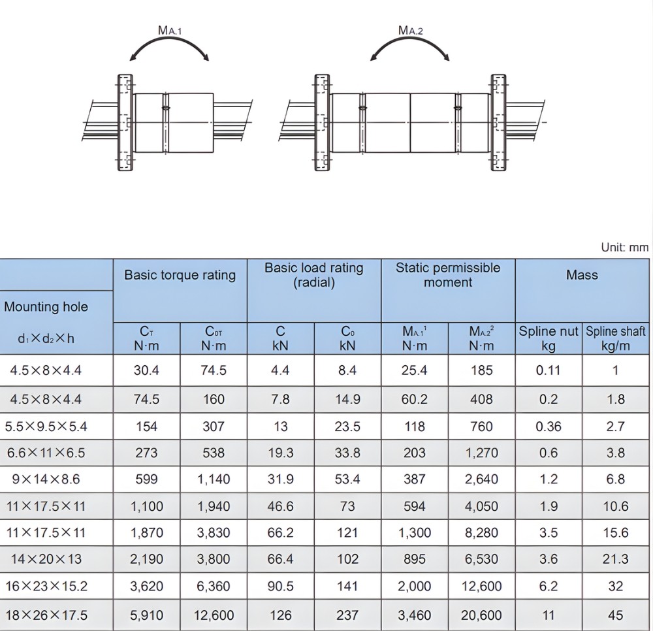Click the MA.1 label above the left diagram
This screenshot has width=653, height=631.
[170, 30]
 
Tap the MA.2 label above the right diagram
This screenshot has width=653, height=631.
[411, 30]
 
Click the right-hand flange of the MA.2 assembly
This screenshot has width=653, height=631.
[498, 123]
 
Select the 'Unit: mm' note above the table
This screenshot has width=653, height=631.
[624, 248]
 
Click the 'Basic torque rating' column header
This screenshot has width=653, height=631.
[180, 275]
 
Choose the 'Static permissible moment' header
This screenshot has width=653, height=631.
[447, 275]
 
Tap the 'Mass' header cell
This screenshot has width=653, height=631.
[582, 275]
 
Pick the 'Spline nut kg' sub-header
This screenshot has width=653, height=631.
[549, 338]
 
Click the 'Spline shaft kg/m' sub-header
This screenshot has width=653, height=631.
[616, 338]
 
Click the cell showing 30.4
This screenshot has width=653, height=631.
[146, 370]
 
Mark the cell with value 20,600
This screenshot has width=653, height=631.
[481, 615]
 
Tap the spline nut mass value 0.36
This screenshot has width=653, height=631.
[549, 427]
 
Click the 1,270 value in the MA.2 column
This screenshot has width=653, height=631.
[481, 453]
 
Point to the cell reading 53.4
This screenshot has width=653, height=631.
[347, 479]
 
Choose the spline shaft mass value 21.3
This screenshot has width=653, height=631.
[616, 559]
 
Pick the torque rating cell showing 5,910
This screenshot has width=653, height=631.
[146, 615]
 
